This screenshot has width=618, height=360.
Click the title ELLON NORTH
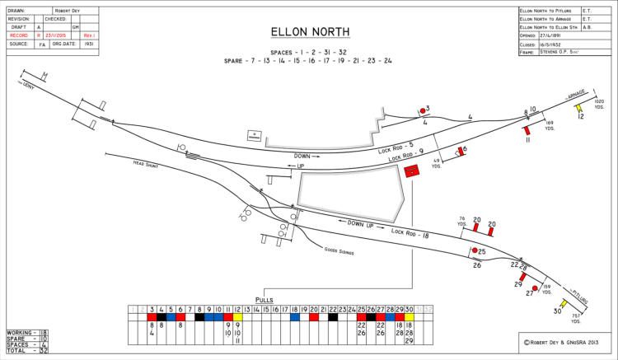point(310,32)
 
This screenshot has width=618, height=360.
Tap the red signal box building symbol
point(411,170)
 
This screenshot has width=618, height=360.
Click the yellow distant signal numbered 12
point(579,106)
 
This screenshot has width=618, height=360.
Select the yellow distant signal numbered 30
point(564,302)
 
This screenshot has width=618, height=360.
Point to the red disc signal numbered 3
point(423,110)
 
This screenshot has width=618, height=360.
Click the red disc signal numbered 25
point(475,250)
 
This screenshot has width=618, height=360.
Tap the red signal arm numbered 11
point(527,130)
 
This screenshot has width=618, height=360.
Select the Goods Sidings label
point(339,250)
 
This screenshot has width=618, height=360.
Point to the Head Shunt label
point(145,165)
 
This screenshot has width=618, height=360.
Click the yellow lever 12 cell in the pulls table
point(237,316)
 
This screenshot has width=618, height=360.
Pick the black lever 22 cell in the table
point(332,316)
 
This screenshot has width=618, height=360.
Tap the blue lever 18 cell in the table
point(294,316)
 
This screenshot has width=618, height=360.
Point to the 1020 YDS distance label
point(599,104)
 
